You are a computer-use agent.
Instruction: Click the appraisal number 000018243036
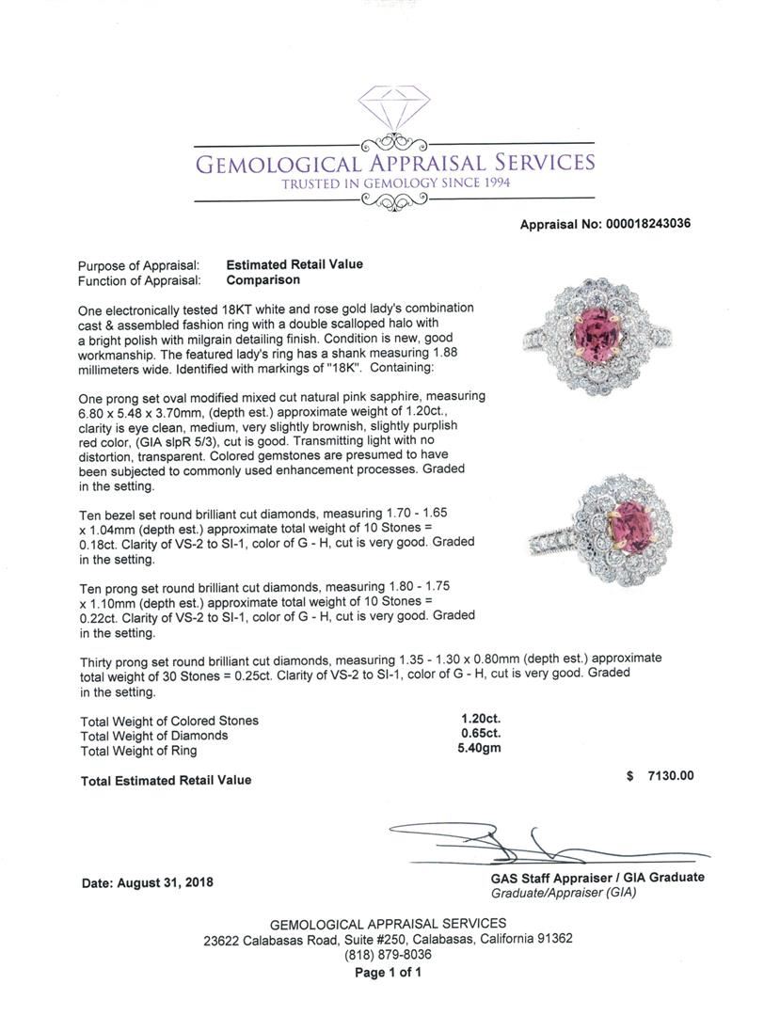pos(638,224)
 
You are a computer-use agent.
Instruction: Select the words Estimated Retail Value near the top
pos(294,265)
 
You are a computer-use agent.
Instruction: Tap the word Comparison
pos(263,279)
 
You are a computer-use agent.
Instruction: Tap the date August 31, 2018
pos(148,882)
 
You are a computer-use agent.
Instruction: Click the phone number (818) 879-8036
pos(389,954)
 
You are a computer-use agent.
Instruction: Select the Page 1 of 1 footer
pos(389,972)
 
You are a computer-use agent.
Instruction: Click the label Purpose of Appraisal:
pos(138,266)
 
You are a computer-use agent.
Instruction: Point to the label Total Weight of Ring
pos(139,751)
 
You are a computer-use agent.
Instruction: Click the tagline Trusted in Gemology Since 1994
pos(396,183)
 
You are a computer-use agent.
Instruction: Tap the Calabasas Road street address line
pos(389,938)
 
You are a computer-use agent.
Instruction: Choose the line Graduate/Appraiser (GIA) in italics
pos(565,892)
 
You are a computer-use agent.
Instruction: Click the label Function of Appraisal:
pos(139,280)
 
